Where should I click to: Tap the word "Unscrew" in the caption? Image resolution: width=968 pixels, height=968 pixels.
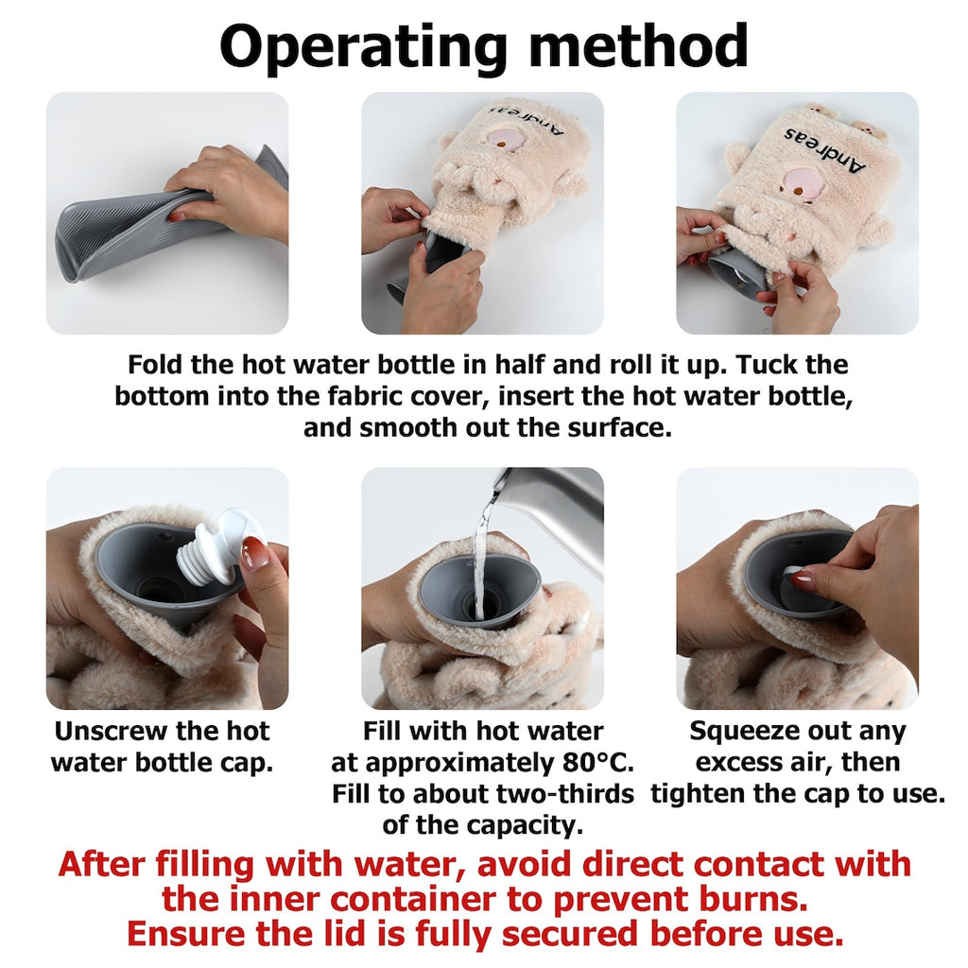[x=110, y=732]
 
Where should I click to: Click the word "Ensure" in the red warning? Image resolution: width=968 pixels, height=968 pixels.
[x=186, y=934]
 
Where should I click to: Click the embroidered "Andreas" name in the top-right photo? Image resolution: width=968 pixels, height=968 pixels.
[x=825, y=149]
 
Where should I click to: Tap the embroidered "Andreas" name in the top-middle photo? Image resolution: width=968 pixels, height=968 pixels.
[x=526, y=120]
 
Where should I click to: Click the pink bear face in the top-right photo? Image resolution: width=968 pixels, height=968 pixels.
[x=800, y=183]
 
